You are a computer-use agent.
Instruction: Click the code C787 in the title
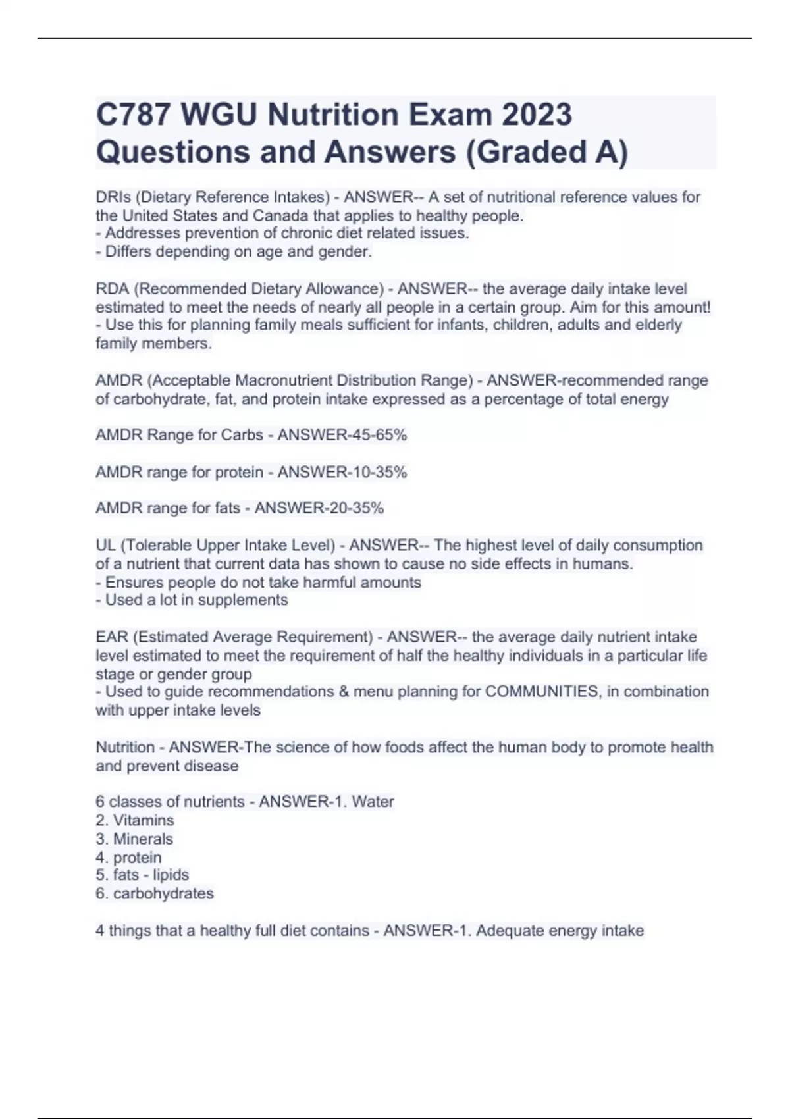point(132,115)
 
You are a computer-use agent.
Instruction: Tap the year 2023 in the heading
point(537,115)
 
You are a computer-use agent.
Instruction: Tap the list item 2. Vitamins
point(135,820)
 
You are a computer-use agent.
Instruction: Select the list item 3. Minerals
point(134,839)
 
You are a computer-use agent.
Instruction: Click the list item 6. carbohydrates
point(155,893)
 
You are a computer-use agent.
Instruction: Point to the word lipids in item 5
point(171,875)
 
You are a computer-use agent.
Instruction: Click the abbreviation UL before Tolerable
point(106,546)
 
